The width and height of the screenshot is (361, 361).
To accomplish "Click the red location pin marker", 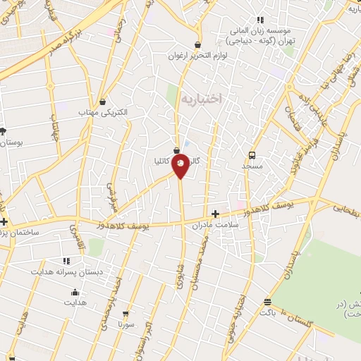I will [x=180, y=164].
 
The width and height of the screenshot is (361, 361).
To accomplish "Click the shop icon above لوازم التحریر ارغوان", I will [x=197, y=44].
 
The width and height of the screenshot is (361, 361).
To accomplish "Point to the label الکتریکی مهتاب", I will [x=103, y=112].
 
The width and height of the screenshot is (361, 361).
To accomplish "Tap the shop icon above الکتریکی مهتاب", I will [x=103, y=102].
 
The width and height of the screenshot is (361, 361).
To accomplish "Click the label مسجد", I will [x=252, y=166].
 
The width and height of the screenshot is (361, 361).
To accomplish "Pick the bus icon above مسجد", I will [x=252, y=155].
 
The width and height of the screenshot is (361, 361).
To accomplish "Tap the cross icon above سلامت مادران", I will [x=215, y=213].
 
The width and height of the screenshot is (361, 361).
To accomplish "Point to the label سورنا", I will [x=126, y=324].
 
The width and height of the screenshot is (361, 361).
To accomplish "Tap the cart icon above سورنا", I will [x=126, y=314].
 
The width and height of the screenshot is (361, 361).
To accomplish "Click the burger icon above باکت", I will [x=267, y=302].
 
